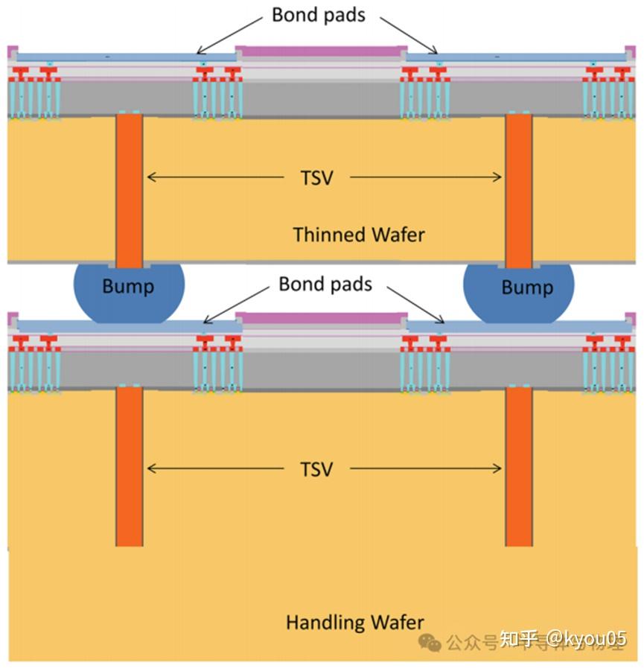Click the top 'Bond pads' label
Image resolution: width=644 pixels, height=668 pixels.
tap(318, 15)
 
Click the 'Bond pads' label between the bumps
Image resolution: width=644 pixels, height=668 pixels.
tap(325, 284)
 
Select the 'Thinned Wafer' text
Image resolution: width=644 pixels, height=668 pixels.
tap(359, 235)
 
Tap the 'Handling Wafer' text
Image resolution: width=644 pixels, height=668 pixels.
tap(354, 622)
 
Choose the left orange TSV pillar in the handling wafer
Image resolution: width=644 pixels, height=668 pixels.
tap(129, 465)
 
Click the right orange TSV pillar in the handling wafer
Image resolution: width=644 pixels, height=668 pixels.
tap(519, 465)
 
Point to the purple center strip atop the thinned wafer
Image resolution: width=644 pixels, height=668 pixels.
tap(319, 51)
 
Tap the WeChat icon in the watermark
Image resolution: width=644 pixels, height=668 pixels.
tap(429, 642)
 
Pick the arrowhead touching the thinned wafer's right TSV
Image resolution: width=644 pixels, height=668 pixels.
tap(498, 177)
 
